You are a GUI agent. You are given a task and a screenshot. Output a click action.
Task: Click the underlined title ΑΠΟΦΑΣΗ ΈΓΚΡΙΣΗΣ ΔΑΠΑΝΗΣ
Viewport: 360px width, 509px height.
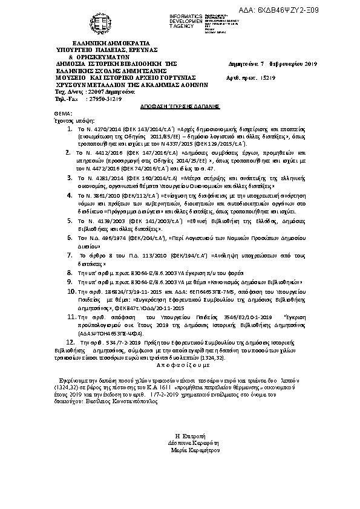pos(179,105)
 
